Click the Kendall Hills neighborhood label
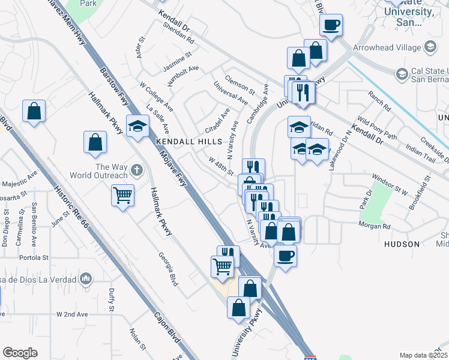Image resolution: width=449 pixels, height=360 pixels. click(189, 142)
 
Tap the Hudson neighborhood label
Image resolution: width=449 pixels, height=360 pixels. click(402, 244)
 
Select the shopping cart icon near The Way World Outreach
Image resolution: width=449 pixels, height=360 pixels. click(122, 194)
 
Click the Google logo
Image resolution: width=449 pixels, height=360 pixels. click(20, 353)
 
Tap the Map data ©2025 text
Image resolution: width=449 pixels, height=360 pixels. click(423, 355)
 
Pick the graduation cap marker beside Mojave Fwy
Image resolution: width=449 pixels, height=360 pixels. click(137, 126)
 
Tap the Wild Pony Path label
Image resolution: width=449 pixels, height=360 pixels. click(377, 128)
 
